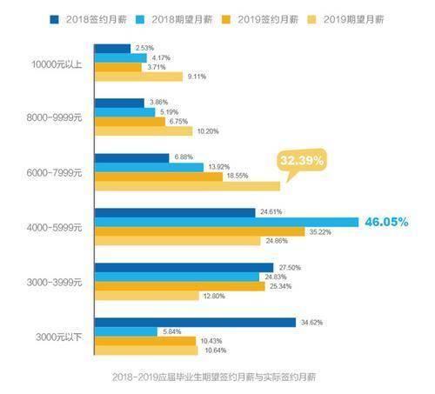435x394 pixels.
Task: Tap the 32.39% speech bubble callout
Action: pos(302,161)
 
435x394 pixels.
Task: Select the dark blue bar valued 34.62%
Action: pos(195,322)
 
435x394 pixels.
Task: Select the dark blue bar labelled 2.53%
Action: pos(112,48)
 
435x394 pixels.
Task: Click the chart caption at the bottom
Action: pos(217,377)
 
